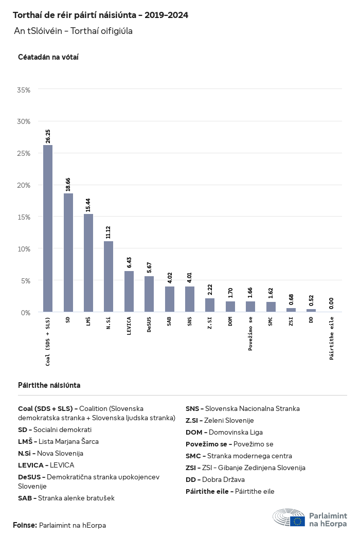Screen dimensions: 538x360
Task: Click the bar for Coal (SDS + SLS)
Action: click(x=48, y=228)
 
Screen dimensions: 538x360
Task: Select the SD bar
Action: click(x=68, y=253)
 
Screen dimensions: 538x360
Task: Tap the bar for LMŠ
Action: click(x=88, y=263)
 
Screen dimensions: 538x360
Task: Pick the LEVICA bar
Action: click(x=129, y=291)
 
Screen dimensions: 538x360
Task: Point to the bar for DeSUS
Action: click(x=149, y=294)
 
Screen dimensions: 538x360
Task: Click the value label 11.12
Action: click(x=109, y=232)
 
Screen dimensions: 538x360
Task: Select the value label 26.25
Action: click(x=48, y=136)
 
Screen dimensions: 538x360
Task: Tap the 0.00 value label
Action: click(x=331, y=303)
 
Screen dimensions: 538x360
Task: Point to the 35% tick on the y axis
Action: click(x=24, y=90)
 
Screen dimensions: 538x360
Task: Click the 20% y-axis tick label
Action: click(x=24, y=185)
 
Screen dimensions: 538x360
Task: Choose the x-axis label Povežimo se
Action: click(x=250, y=334)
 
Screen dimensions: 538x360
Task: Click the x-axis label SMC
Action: click(x=271, y=321)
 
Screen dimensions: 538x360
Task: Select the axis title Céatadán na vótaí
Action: click(x=48, y=57)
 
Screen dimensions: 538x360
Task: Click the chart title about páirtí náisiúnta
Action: click(x=100, y=15)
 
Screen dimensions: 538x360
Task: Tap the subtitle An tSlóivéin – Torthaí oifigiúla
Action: click(x=74, y=31)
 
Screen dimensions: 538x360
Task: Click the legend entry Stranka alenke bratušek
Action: click(x=66, y=498)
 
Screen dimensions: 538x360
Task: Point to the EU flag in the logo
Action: click(x=297, y=521)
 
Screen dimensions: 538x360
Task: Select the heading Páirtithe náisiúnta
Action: click(x=49, y=385)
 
